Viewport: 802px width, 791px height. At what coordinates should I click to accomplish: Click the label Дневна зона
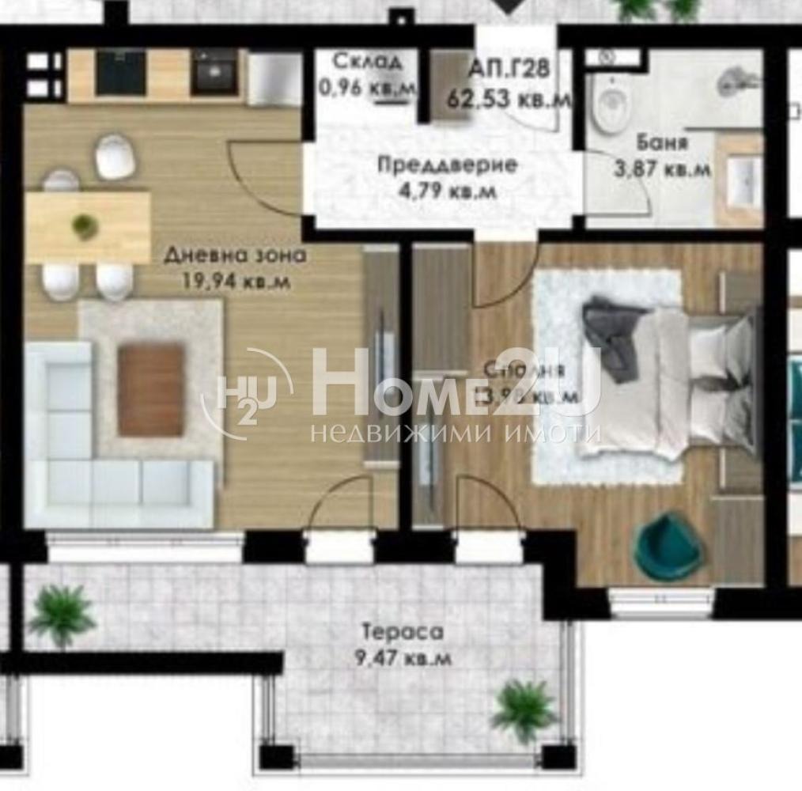[x=235, y=255]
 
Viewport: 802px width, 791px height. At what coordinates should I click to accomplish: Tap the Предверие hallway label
[x=447, y=165]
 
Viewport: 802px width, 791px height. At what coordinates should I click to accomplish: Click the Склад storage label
[x=367, y=61]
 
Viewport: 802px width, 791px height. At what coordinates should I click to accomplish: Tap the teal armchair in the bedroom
[x=669, y=545]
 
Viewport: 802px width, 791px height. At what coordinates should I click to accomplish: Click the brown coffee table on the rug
[x=151, y=389]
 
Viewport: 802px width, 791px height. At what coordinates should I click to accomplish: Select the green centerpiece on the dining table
[x=85, y=226]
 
